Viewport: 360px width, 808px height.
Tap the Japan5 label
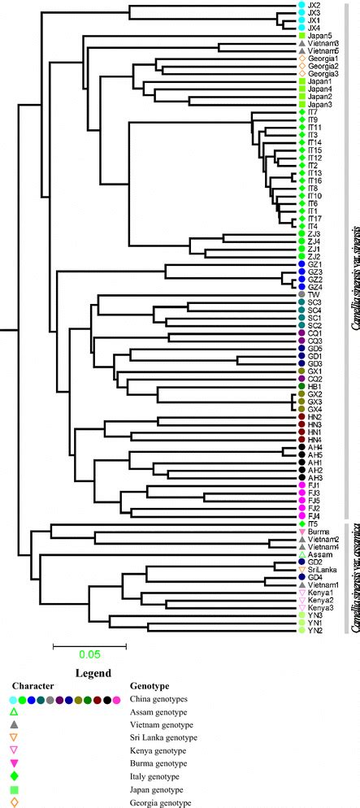tap(320, 36)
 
